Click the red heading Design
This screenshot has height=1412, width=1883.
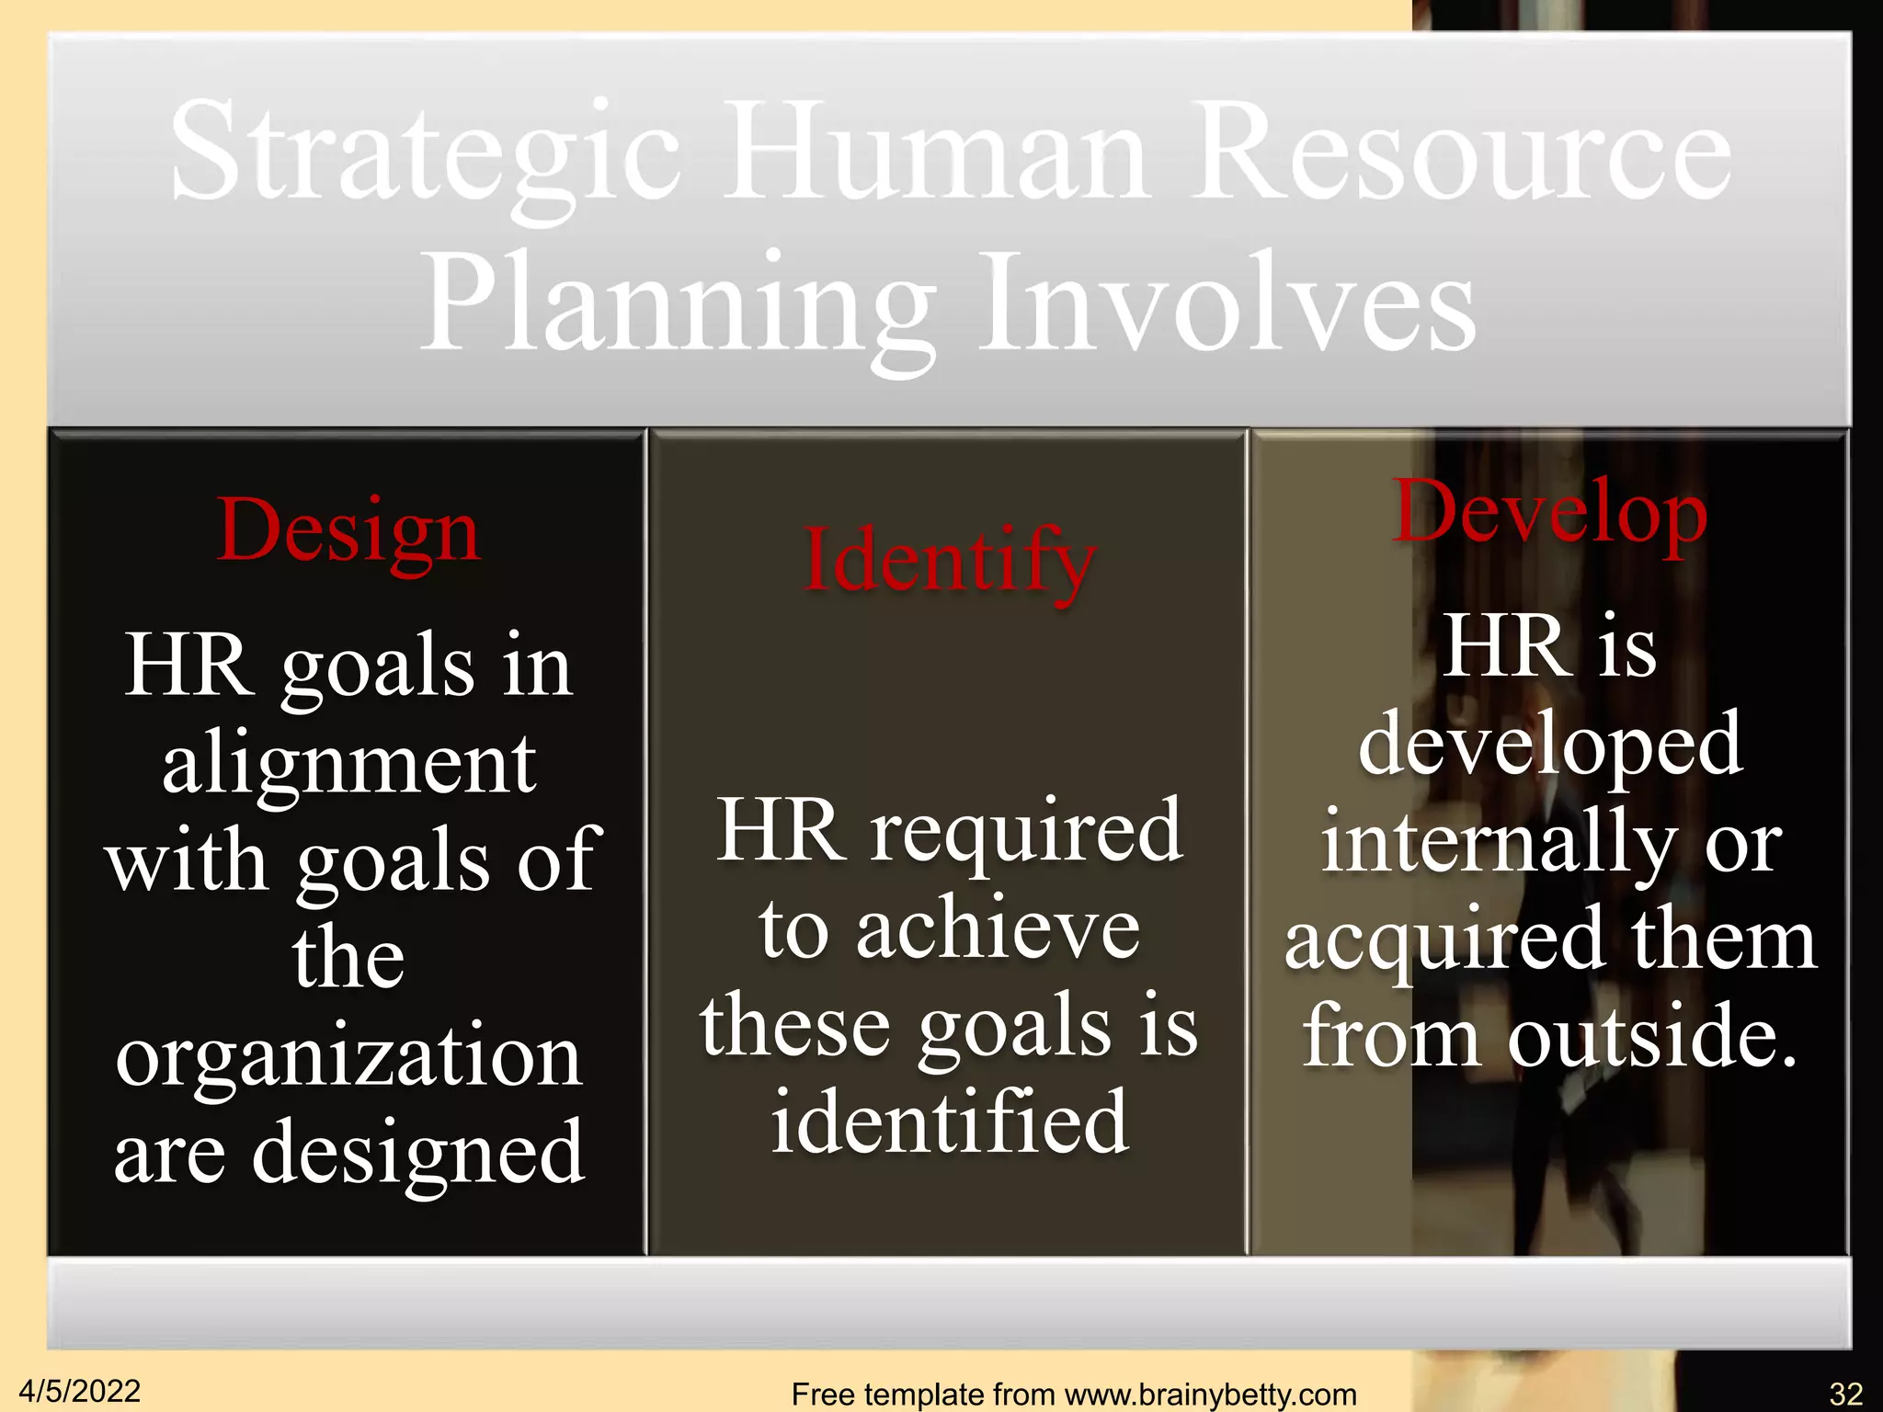tap(348, 531)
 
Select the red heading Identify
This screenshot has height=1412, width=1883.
tap(948, 561)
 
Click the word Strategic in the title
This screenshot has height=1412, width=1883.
tap(425, 153)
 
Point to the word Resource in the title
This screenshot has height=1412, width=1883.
tap(1463, 153)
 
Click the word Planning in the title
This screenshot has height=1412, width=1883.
tap(677, 305)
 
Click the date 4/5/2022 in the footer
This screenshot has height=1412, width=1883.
tap(80, 1391)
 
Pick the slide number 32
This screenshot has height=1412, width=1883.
tap(1845, 1394)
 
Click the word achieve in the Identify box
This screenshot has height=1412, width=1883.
tap(998, 929)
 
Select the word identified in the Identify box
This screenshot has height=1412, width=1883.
tap(950, 1122)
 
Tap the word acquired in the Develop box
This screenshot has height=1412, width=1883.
tap(1444, 941)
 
